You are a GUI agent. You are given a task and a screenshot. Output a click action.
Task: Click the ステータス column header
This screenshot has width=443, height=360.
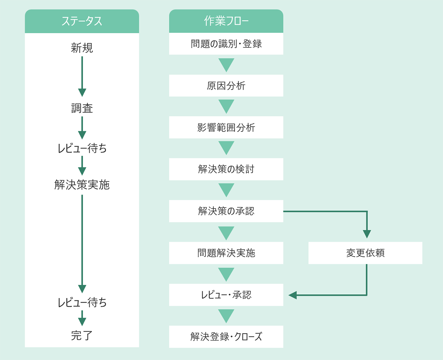pyautogui.click(x=82, y=21)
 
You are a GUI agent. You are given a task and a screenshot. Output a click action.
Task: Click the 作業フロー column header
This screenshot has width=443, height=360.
pyautogui.click(x=226, y=21)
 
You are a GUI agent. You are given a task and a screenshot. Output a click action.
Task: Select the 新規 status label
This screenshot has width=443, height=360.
pyautogui.click(x=82, y=48)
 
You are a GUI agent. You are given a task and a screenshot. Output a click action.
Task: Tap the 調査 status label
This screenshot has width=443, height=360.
pyautogui.click(x=82, y=108)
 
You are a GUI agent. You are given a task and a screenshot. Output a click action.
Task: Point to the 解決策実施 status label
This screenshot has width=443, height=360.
pyautogui.click(x=82, y=185)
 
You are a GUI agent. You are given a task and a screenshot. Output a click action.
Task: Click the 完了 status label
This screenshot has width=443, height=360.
pyautogui.click(x=82, y=335)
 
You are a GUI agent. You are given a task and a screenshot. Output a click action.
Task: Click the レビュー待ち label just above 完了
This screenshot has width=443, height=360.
pyautogui.click(x=82, y=303)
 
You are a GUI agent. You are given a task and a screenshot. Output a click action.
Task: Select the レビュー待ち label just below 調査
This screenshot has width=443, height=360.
pyautogui.click(x=82, y=148)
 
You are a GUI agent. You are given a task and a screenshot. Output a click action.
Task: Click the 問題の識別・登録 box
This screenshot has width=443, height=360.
pyautogui.click(x=226, y=44)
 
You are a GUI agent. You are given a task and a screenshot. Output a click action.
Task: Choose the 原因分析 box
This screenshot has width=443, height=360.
pyautogui.click(x=226, y=86)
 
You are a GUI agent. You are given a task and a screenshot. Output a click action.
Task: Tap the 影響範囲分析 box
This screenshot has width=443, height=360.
pyautogui.click(x=226, y=128)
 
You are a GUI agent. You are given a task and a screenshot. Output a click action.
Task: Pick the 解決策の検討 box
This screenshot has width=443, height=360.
pyautogui.click(x=226, y=169)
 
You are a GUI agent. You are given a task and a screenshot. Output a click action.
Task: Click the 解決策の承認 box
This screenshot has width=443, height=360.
pyautogui.click(x=226, y=211)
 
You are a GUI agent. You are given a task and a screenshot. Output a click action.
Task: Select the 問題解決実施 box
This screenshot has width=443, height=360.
pyautogui.click(x=226, y=253)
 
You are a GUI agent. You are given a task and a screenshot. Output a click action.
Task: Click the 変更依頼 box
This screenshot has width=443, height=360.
pyautogui.click(x=365, y=253)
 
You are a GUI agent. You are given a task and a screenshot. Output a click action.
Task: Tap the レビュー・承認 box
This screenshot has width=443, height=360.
pyautogui.click(x=226, y=295)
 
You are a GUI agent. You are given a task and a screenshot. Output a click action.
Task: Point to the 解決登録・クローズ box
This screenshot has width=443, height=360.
pyautogui.click(x=226, y=337)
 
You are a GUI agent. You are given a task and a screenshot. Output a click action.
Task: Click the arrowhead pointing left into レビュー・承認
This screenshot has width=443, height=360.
pyautogui.click(x=293, y=295)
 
